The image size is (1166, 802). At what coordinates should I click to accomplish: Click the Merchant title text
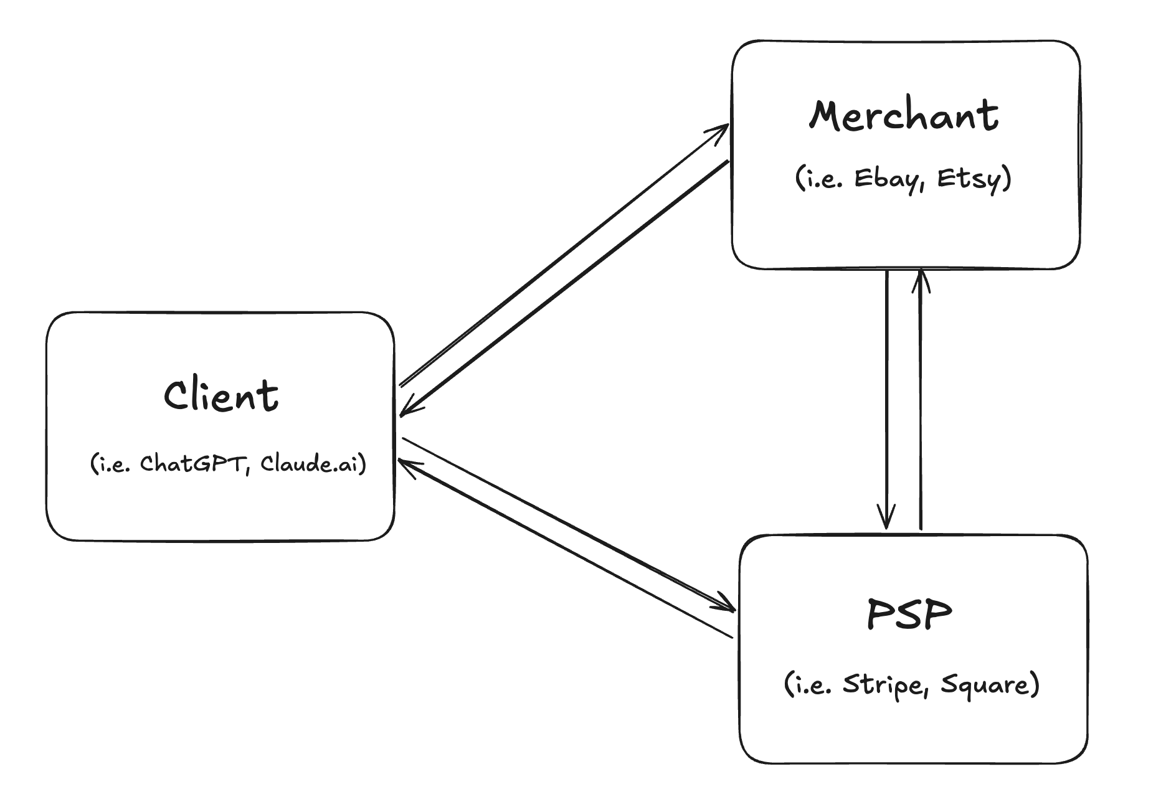click(904, 116)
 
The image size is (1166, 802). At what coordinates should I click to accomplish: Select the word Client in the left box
click(221, 395)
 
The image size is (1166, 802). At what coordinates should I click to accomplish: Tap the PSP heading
click(909, 614)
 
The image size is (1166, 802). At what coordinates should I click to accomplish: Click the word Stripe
click(883, 685)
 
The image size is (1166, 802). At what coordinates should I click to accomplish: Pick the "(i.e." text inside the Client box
click(110, 464)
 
